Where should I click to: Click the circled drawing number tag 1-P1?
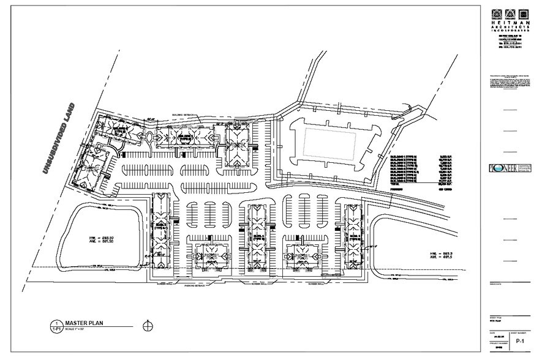56,326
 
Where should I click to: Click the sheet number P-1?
521,340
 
